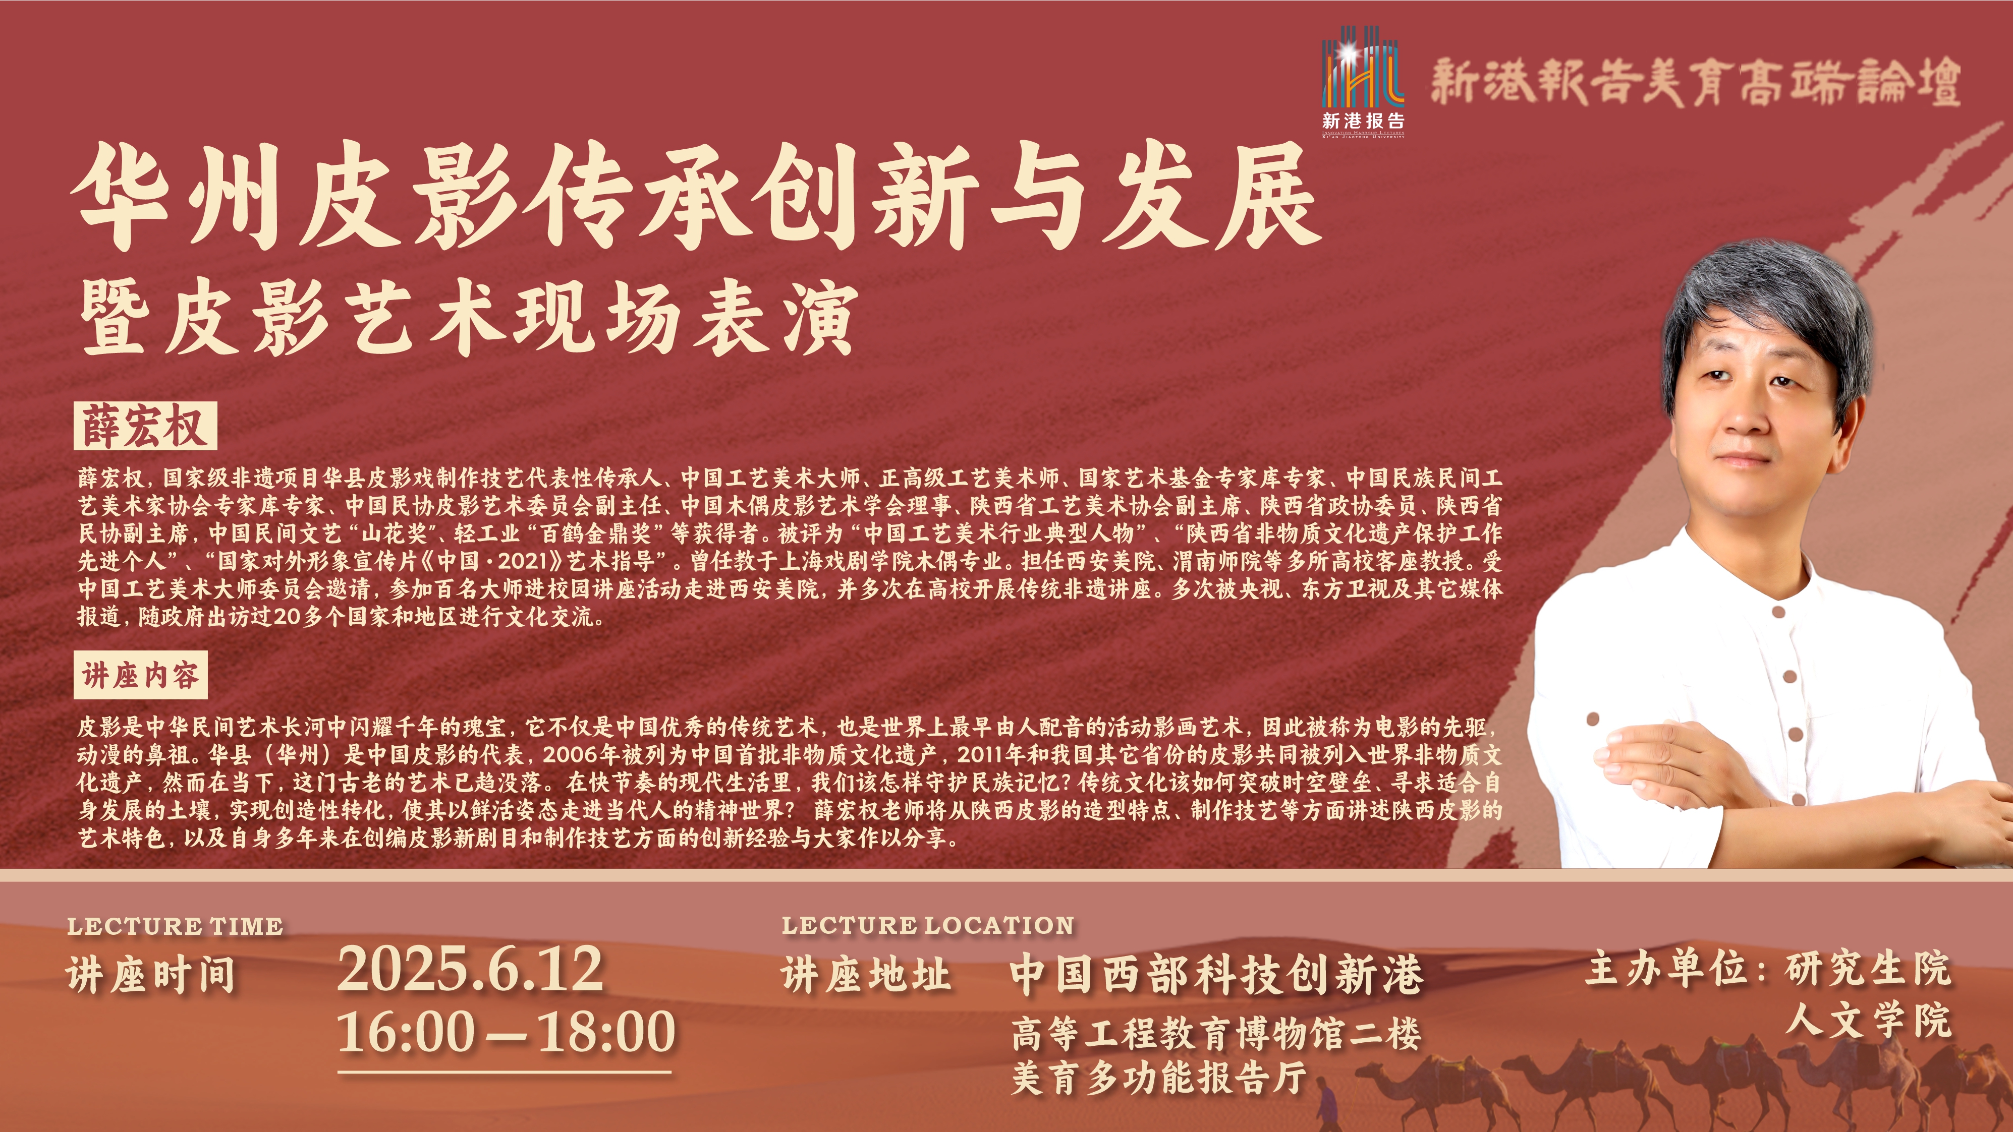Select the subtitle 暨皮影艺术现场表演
click(469, 317)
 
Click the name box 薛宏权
click(145, 426)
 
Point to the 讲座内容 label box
click(141, 675)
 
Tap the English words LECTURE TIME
click(175, 927)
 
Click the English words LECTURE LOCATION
click(928, 926)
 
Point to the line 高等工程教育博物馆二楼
click(1216, 1035)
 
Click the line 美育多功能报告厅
click(1159, 1078)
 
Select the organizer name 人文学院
click(1868, 1020)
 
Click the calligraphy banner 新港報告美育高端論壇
click(1695, 82)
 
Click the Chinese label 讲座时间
click(151, 975)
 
